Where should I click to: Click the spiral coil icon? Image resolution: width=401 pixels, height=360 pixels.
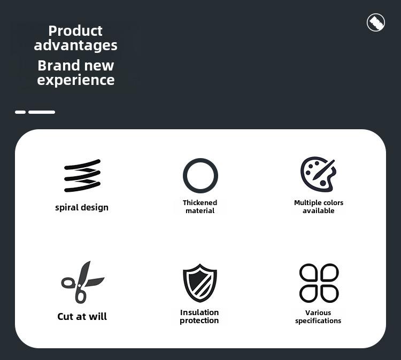click(x=82, y=176)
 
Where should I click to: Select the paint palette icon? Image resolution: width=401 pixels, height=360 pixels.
click(x=318, y=174)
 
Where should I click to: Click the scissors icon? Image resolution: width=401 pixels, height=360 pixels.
click(x=82, y=283)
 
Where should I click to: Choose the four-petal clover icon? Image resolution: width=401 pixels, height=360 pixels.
click(x=319, y=283)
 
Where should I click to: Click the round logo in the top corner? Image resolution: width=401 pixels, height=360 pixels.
click(x=376, y=22)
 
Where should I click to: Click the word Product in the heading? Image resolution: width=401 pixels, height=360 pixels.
click(x=75, y=31)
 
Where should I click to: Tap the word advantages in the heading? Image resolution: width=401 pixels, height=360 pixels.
click(x=76, y=45)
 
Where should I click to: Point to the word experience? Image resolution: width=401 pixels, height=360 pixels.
click(x=76, y=80)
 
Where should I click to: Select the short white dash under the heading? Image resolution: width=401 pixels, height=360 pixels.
click(x=20, y=112)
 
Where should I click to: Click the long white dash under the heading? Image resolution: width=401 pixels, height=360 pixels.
click(x=42, y=112)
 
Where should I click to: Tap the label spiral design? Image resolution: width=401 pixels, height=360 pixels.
click(x=82, y=207)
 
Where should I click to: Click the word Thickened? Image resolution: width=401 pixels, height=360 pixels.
click(x=200, y=202)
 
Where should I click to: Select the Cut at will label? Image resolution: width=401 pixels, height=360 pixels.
click(x=82, y=317)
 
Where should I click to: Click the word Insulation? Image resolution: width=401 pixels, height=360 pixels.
click(x=199, y=312)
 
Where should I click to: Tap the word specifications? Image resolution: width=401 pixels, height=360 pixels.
click(x=318, y=321)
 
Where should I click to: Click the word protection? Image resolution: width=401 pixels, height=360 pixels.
click(x=199, y=320)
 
